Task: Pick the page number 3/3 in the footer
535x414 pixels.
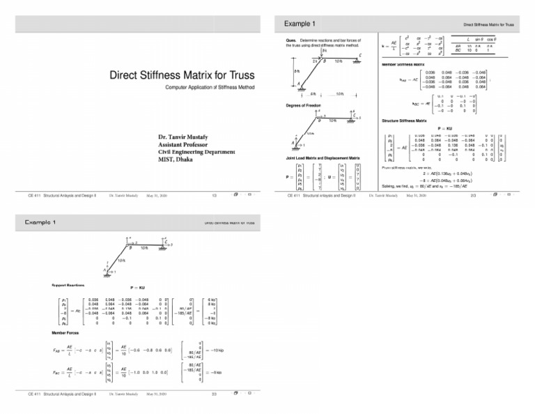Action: [214, 394]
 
